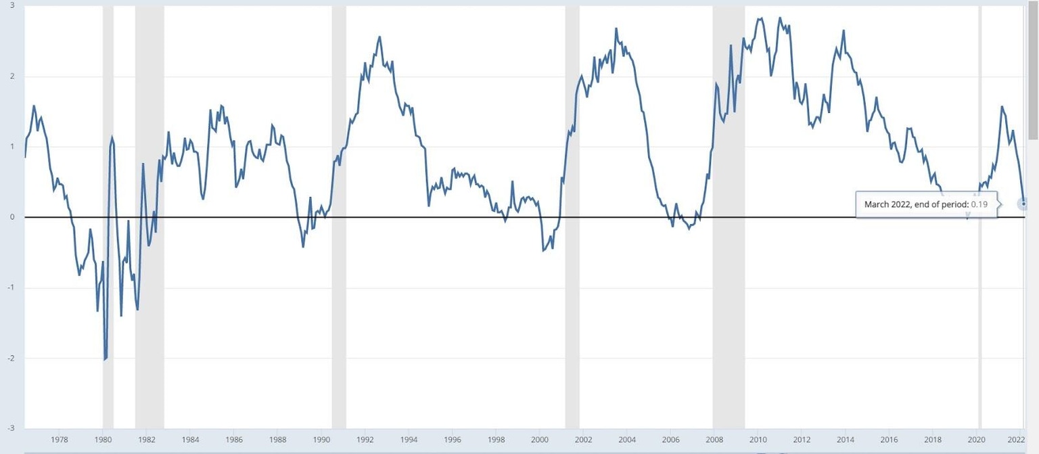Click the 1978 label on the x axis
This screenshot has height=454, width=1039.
point(59,438)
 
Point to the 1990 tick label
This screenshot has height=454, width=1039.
point(321,438)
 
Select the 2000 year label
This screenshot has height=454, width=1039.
point(540,438)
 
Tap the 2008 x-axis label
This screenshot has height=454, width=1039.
point(714,438)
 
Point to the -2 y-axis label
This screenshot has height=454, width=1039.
point(11,358)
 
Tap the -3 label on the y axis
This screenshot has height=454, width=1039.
point(11,428)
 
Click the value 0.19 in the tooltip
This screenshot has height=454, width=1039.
point(979,204)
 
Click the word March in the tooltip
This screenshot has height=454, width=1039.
point(877,204)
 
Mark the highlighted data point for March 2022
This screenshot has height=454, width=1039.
point(1023,204)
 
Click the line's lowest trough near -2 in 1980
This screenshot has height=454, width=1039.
point(105,359)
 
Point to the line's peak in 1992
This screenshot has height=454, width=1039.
point(379,37)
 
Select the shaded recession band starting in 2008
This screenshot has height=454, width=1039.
point(729,203)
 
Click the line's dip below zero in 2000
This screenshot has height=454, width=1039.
point(544,250)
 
